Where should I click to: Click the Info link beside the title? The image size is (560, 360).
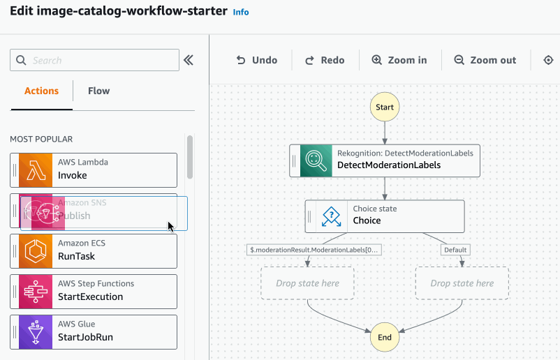tap(240, 12)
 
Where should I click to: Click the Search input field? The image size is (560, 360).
tap(94, 61)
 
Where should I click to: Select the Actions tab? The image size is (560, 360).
tap(41, 91)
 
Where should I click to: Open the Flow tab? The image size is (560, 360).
tap(98, 91)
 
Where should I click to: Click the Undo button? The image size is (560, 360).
tap(257, 60)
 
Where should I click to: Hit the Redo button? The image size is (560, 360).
tap(325, 60)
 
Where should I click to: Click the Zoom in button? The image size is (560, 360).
tap(399, 60)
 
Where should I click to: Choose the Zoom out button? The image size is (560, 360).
tap(485, 60)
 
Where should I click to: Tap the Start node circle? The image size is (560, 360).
tap(385, 107)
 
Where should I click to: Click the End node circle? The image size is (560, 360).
tap(385, 337)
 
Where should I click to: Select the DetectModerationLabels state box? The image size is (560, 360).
tap(385, 160)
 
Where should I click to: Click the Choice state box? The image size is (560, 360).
tap(385, 216)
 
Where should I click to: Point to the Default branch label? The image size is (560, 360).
tap(455, 249)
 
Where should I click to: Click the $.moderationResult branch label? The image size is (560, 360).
tap(315, 249)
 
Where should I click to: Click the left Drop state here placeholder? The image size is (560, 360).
tap(307, 283)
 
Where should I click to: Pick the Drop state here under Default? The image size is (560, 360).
tap(462, 283)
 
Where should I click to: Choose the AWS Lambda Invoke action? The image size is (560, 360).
tap(94, 170)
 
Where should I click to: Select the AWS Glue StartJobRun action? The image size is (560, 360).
tap(94, 331)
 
